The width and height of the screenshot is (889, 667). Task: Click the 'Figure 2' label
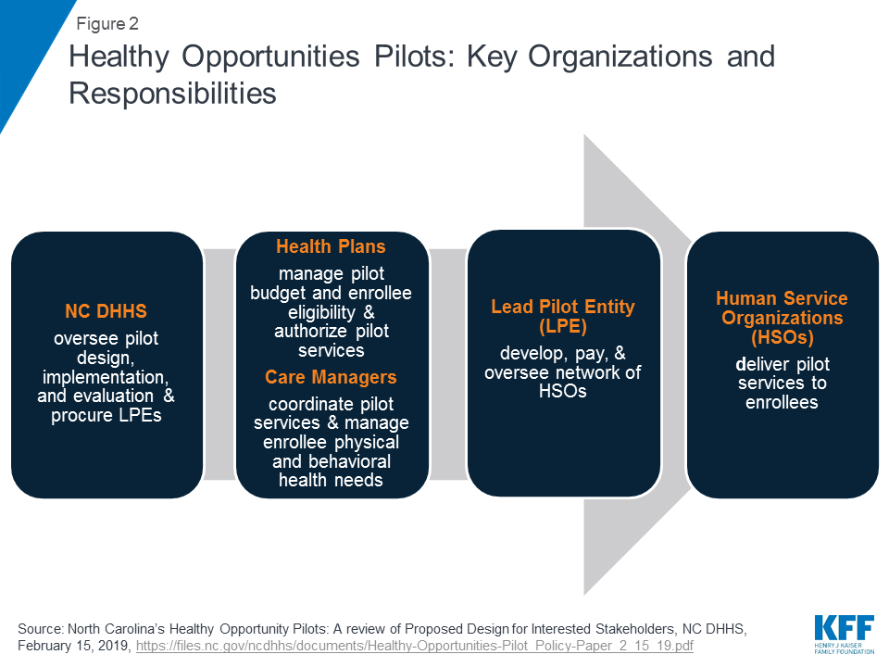coord(107,24)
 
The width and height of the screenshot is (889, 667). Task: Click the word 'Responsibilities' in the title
coord(172,93)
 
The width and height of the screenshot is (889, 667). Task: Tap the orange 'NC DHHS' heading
coord(106,311)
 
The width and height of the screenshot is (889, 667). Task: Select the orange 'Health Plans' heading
coord(332,246)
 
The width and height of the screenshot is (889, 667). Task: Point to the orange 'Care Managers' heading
coord(332,377)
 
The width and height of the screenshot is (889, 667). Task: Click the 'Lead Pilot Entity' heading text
coord(563,307)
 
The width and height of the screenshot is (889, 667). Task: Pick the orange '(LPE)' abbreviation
coord(563,327)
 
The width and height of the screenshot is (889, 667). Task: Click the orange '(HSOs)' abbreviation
coord(783,337)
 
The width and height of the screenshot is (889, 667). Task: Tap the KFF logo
coord(845,634)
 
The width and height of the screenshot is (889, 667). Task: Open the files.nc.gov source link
coord(415,646)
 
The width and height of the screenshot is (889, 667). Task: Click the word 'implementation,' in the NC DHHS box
coord(106,377)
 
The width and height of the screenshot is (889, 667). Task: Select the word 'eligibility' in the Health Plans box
coord(321,312)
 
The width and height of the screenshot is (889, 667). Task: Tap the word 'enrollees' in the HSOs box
coord(782,402)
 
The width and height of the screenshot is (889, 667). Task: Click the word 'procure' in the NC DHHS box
coord(81,416)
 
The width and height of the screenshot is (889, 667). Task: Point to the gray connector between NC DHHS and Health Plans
coord(219,364)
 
